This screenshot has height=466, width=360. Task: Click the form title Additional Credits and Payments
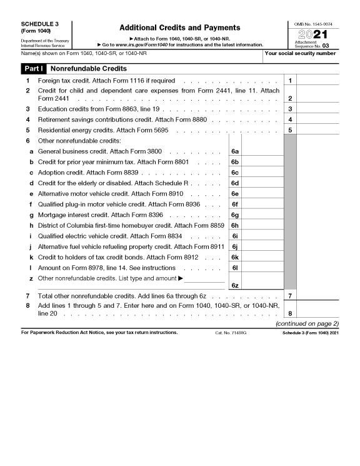click(179, 28)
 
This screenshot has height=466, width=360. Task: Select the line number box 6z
click(235, 285)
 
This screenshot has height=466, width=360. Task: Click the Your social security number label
click(300, 53)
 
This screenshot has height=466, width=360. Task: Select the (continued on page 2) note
click(307, 323)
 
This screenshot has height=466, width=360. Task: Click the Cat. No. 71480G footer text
click(231, 332)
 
